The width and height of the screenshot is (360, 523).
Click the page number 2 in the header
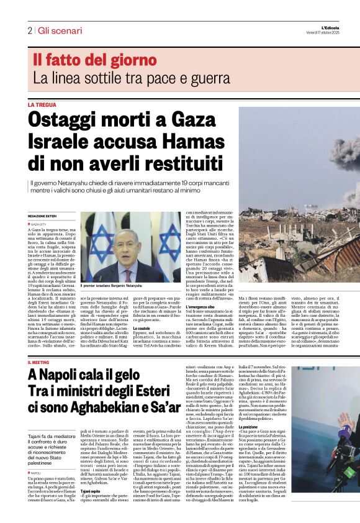[x=30, y=30]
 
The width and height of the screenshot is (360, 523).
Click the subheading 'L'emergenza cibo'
[x=204, y=290]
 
